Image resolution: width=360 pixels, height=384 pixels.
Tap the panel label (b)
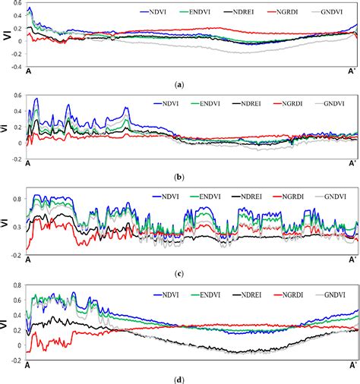[179, 177]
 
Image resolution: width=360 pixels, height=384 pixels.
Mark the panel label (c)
[179, 272]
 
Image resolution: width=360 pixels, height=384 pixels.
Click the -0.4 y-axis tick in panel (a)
[15, 66]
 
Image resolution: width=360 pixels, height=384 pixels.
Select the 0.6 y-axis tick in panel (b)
[17, 96]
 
